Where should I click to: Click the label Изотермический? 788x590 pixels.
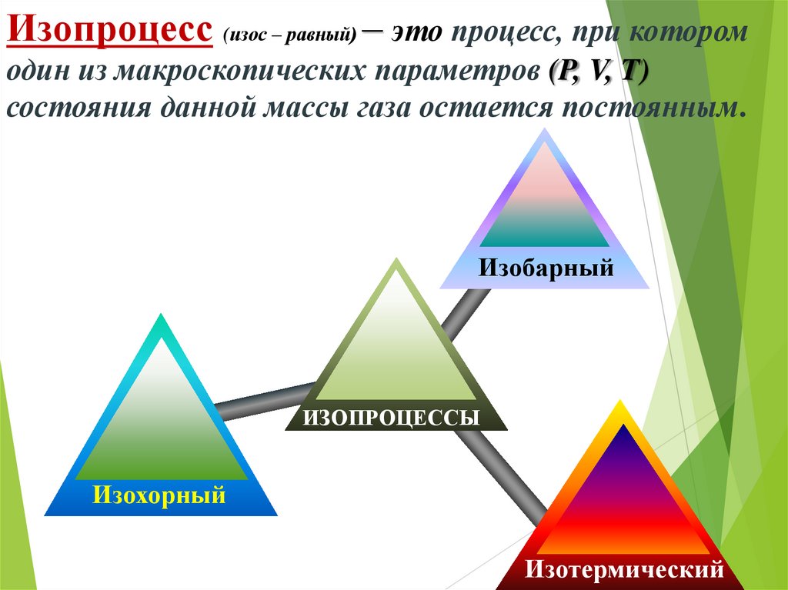click(625, 570)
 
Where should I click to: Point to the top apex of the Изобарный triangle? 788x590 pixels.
click(545, 132)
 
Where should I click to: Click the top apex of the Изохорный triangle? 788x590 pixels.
click(160, 316)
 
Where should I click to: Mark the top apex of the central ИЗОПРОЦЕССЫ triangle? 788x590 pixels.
click(396, 261)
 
